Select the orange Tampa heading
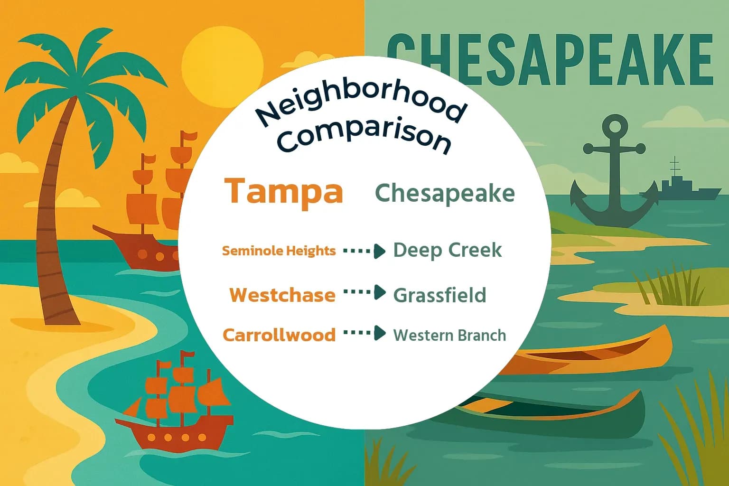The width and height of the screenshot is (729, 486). (284, 191)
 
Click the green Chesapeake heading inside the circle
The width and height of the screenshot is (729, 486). (445, 193)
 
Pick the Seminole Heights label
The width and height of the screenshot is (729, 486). (279, 251)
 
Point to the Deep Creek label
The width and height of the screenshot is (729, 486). (447, 250)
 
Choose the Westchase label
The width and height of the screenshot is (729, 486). (282, 295)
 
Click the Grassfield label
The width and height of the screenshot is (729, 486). (439, 295)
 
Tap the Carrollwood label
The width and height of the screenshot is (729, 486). (279, 335)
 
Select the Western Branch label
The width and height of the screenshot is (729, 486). (449, 335)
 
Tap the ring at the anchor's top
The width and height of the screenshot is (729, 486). (615, 126)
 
